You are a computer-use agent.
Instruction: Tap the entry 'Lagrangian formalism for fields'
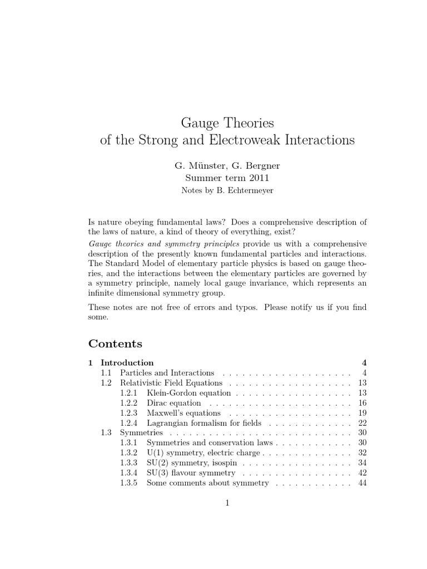204,423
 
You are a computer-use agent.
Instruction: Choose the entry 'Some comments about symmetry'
208,483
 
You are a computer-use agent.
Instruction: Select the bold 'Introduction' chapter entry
127,363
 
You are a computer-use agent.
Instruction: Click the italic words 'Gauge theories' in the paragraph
116,243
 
